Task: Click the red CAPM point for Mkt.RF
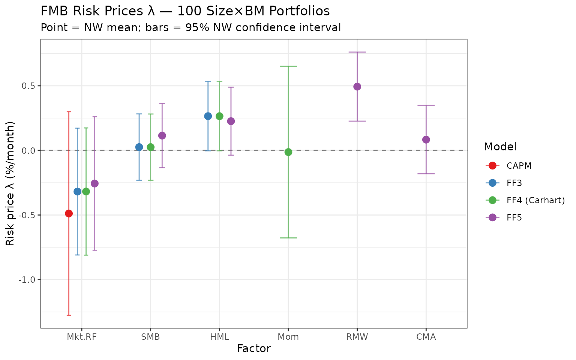tap(69, 213)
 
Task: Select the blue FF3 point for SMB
tap(139, 147)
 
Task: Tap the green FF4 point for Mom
tap(288, 152)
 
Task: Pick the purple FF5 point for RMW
tap(357, 87)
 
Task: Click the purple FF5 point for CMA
tap(426, 139)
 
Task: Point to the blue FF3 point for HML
tap(208, 116)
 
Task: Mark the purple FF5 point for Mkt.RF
tap(94, 183)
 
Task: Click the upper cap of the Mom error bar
tap(288, 66)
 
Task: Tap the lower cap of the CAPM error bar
tap(69, 315)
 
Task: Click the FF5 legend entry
tap(514, 217)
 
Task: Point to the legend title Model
tap(500, 147)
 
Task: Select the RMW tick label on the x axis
tap(357, 337)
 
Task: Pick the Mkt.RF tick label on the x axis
tap(82, 337)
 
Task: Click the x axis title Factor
tap(254, 349)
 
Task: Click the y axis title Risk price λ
tap(10, 184)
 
